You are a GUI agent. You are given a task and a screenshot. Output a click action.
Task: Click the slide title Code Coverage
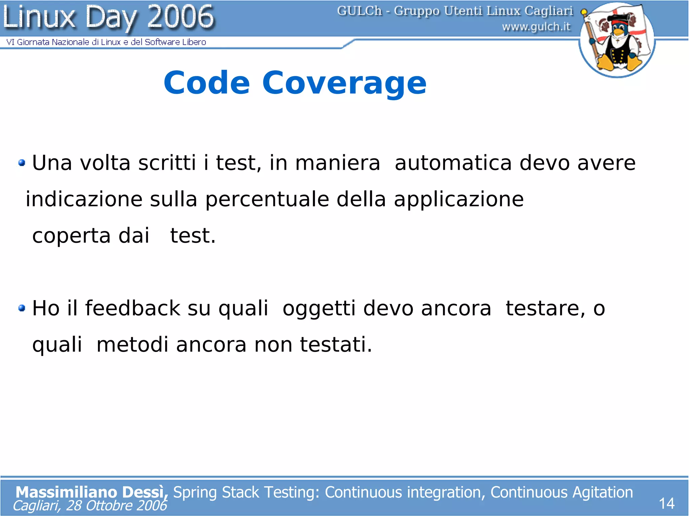pos(295,83)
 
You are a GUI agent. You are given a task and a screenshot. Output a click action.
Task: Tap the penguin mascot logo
pos(617,40)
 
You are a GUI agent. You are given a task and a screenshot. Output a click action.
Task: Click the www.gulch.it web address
pos(536,27)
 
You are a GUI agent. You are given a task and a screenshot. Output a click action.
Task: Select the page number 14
pos(666,504)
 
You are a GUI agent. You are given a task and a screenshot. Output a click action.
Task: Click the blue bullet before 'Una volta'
pos(22,163)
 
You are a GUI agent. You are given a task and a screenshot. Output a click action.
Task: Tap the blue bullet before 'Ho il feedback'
pos(22,308)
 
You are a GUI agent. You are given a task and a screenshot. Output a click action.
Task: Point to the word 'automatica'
pos(453,163)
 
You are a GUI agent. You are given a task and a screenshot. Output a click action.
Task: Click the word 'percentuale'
pos(267,200)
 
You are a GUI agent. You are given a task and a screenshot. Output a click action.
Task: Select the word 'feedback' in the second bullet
pos(133,308)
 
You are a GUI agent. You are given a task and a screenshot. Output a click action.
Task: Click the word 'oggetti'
pos(319,309)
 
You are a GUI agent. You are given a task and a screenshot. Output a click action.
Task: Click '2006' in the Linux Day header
pos(181,17)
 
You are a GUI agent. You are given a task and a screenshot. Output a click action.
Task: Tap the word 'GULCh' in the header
pos(359,11)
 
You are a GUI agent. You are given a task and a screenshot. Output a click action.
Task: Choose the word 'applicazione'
pos(459,200)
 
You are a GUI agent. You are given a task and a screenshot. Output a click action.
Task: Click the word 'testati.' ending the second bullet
pos(336,345)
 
